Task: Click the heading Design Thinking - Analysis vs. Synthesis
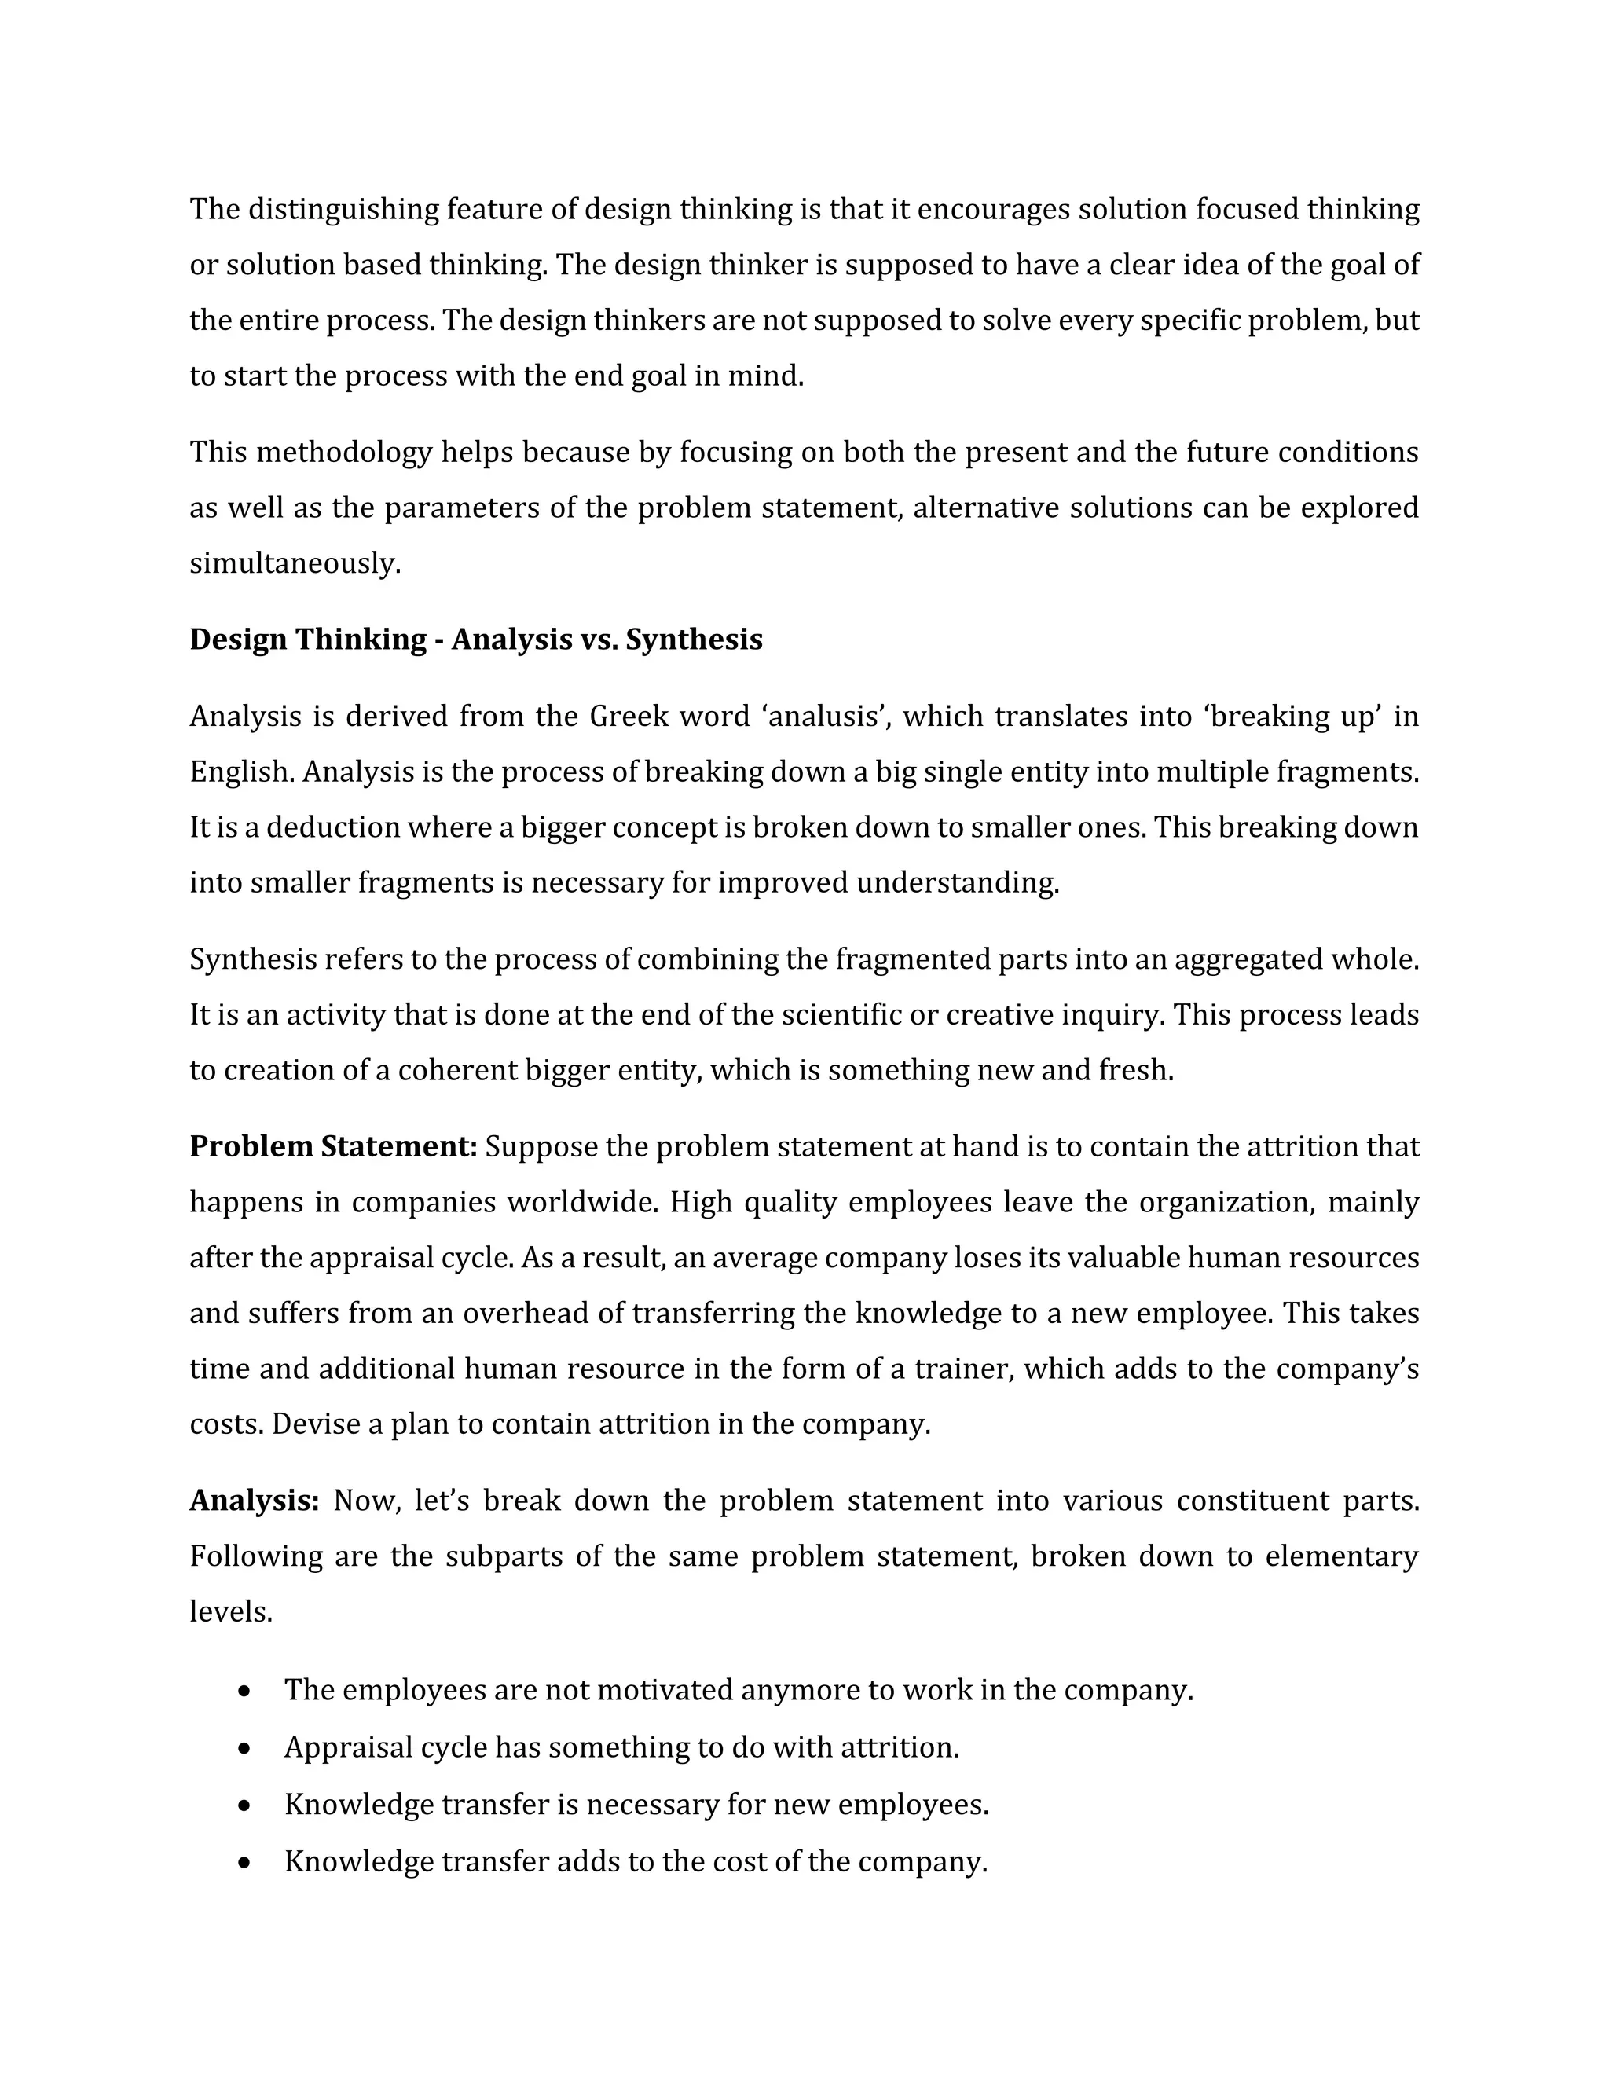point(475,639)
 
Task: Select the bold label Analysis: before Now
point(254,1501)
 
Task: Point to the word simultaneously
point(295,563)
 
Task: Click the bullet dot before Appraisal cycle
point(246,1748)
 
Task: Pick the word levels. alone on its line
point(231,1612)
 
